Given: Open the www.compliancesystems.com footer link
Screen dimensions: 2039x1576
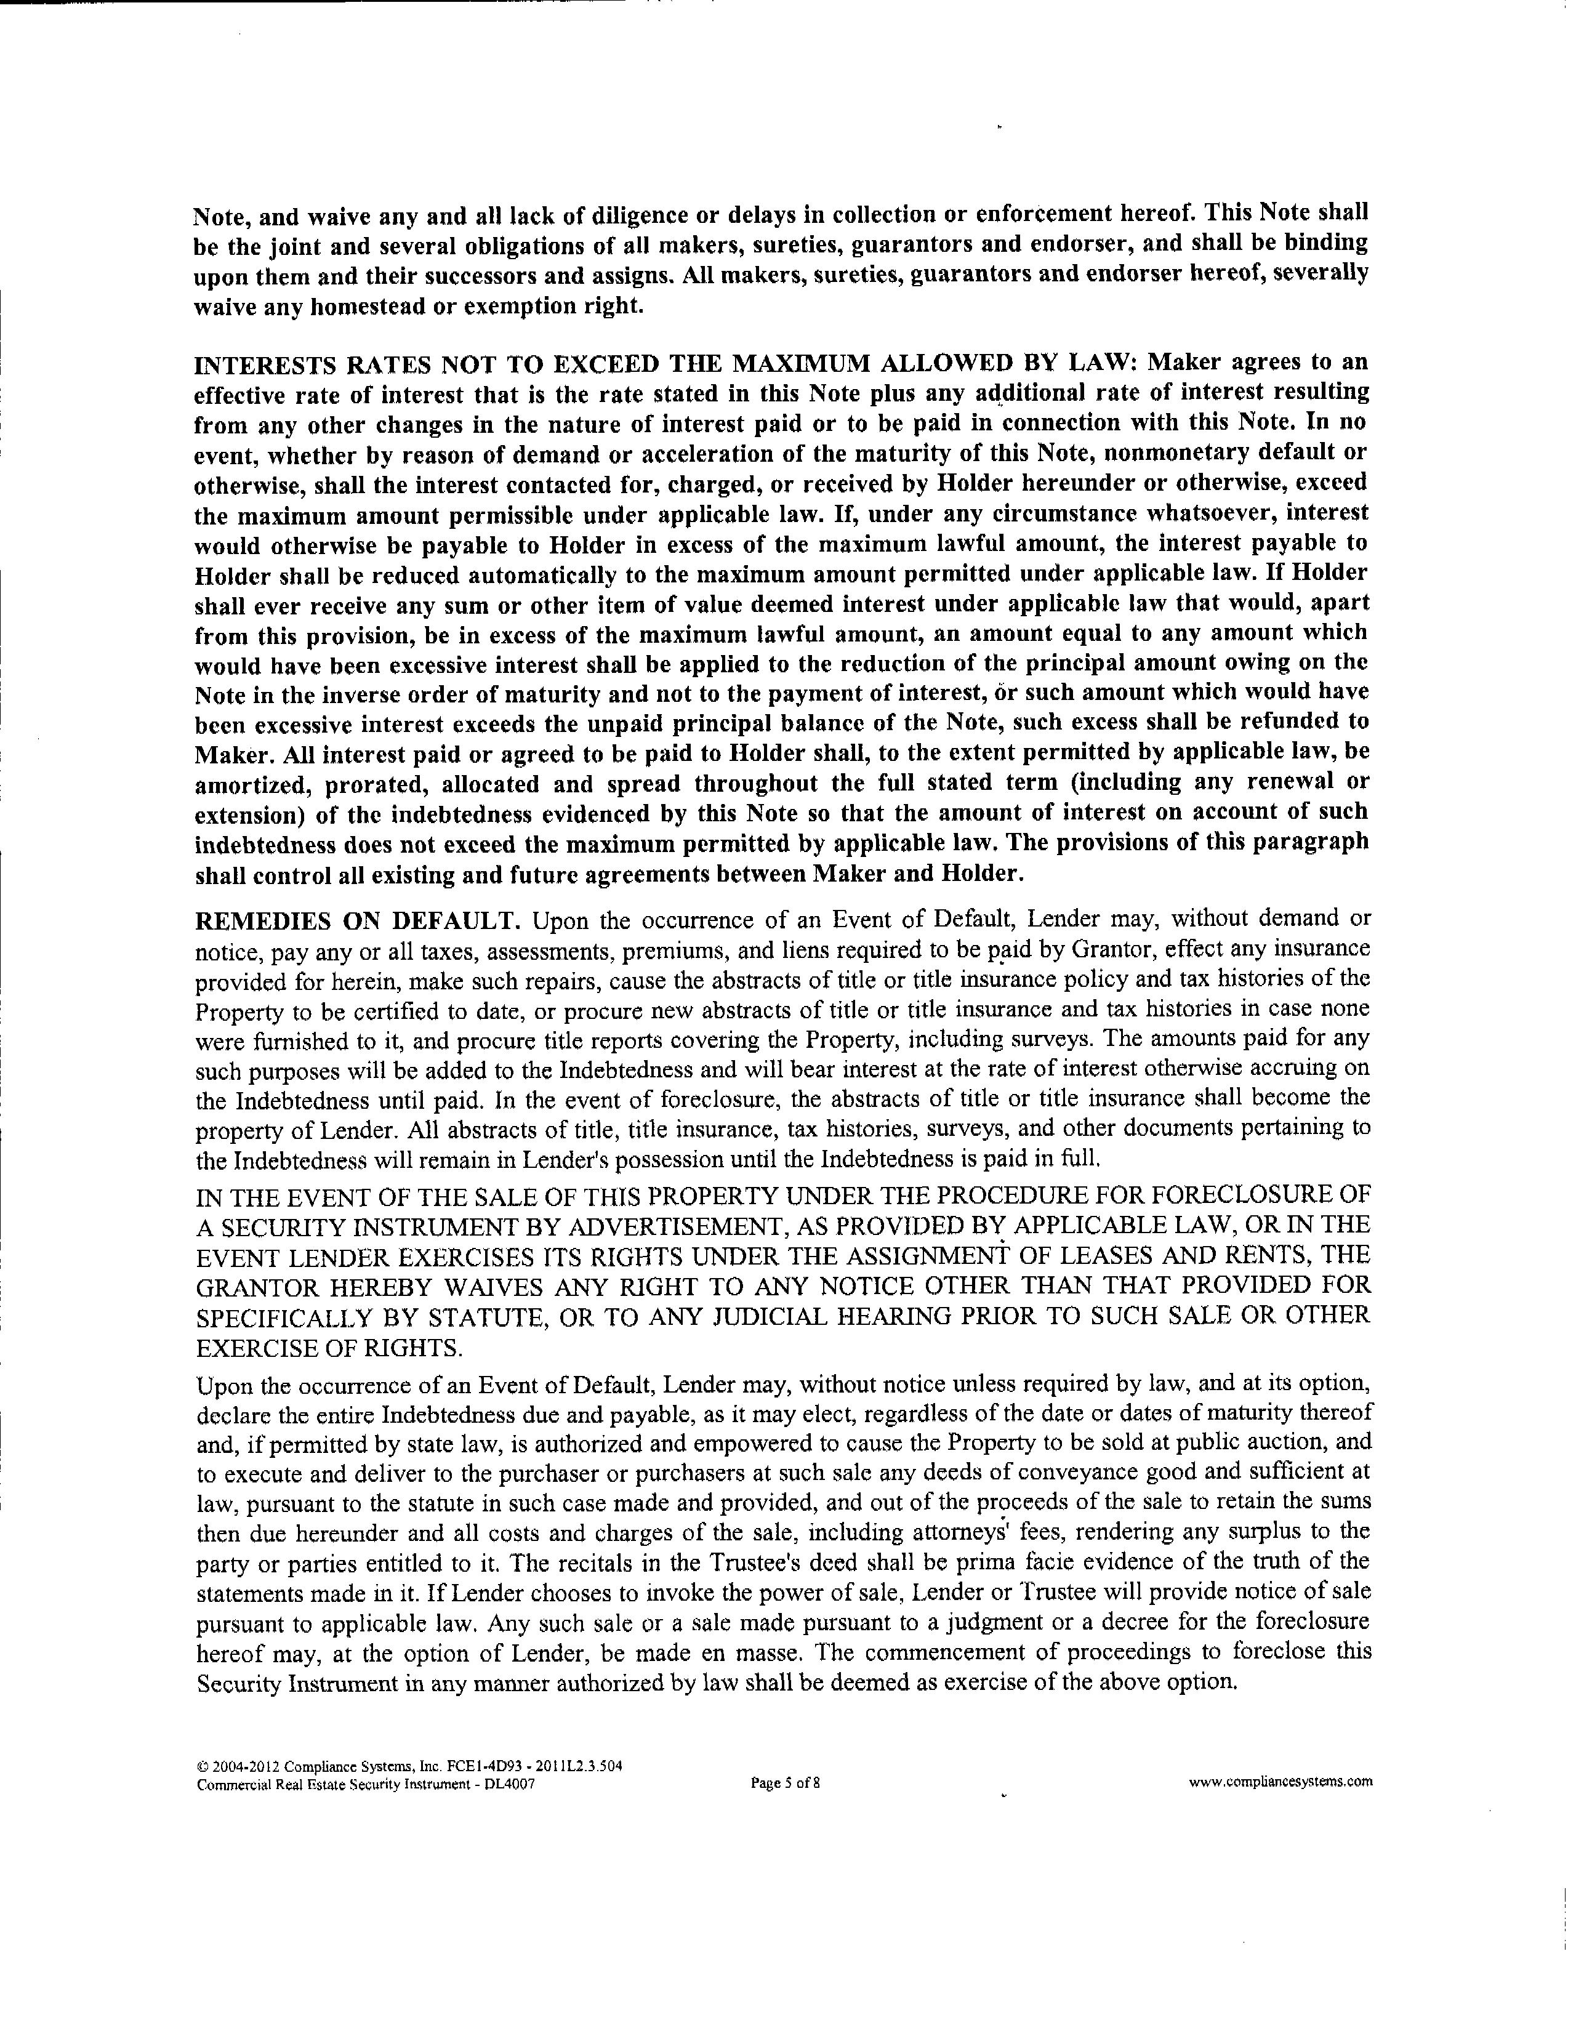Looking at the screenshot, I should [x=1280, y=1780].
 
